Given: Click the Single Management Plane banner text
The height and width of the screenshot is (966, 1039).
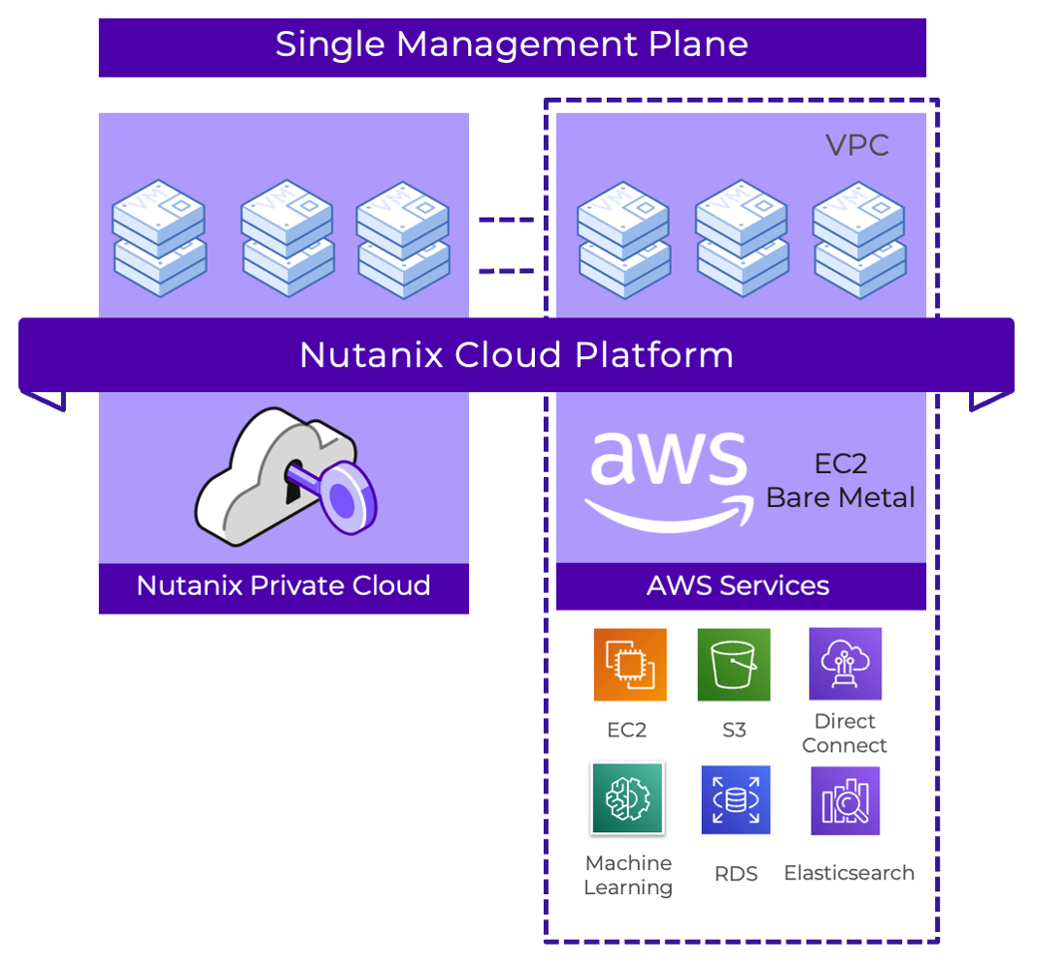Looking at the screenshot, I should click(x=511, y=45).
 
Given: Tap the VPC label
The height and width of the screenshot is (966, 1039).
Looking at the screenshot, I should click(x=856, y=146).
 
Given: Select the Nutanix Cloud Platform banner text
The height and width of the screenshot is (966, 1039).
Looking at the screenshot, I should click(x=516, y=355).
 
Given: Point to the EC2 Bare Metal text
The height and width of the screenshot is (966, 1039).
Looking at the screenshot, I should click(x=840, y=482).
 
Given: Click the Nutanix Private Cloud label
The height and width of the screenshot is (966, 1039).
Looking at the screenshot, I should click(x=283, y=586).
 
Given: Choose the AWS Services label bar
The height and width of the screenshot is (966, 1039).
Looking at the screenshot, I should click(x=739, y=586).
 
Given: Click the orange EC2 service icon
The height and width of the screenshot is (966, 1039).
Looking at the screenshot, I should click(x=629, y=665).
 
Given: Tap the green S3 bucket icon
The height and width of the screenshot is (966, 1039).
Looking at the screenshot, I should click(x=734, y=665).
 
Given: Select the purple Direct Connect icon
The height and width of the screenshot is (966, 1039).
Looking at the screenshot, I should click(x=845, y=664).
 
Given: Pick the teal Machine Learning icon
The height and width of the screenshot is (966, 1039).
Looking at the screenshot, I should click(x=627, y=798).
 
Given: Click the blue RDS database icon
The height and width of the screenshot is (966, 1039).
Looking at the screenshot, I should click(x=736, y=799).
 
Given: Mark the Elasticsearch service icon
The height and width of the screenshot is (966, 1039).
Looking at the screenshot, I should click(x=845, y=800).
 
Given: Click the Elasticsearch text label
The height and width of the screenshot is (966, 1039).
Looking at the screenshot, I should click(x=848, y=873).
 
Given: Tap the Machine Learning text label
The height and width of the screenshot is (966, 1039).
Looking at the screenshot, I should click(x=628, y=875).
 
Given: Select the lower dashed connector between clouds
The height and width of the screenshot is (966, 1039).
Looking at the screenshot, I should click(x=506, y=270).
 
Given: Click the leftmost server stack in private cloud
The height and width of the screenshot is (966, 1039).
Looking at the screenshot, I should click(x=159, y=239).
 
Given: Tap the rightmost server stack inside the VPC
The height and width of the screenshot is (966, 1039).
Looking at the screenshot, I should click(x=858, y=239).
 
